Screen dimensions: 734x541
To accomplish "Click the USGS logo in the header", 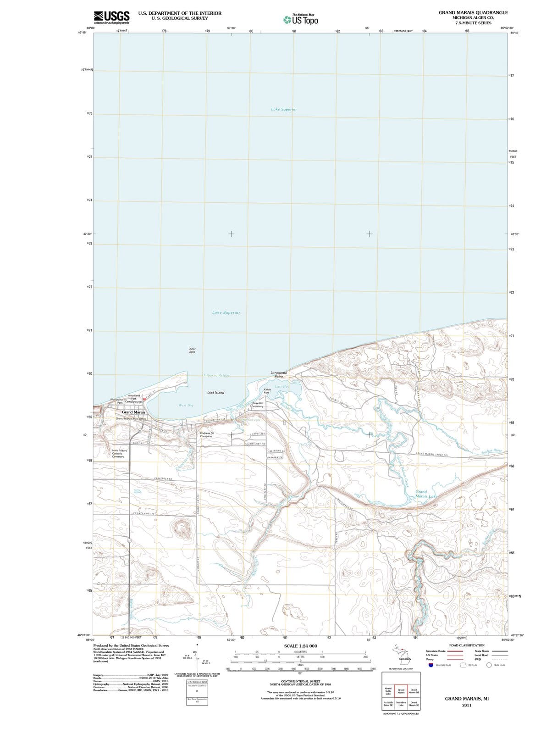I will point(111,17).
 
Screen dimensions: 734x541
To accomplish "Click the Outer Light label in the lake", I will point(192,350).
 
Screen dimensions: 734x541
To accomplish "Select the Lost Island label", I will point(215,393).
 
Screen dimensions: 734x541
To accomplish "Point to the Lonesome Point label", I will point(279,374).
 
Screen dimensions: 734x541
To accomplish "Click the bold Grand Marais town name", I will point(133,412).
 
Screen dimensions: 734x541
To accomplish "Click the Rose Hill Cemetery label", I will point(258,405).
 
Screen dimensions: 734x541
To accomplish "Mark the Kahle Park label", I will point(267,391).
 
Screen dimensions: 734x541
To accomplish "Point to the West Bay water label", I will point(185,405).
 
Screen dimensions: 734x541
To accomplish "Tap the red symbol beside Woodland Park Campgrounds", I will point(144,399).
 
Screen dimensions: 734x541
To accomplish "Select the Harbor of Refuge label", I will point(215,375).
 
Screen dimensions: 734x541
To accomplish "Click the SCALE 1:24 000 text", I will point(300,646).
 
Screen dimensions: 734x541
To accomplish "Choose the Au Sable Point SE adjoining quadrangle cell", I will point(388,704).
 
